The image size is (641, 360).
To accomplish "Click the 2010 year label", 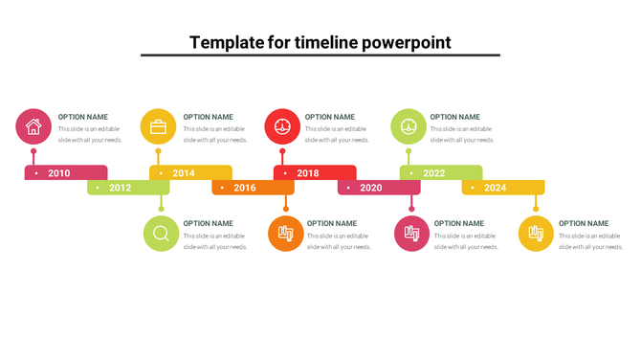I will coord(59,173).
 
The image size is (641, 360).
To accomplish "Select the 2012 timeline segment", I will coord(120,188).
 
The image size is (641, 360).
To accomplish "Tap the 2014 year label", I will coord(184,173).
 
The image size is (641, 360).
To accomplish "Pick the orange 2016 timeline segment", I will coord(245,188).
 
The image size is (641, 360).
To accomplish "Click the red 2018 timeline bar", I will coord(308,173).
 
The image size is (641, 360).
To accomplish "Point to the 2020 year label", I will coord(371,188).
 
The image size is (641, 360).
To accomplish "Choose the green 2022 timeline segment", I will coord(434,173).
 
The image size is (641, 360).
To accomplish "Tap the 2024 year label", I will coord(496,188).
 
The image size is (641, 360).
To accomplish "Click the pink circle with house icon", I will coord(33,126).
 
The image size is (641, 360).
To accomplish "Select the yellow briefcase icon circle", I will coord(158,126).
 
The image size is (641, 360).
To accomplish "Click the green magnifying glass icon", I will coord(161,234).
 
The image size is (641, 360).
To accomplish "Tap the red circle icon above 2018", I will coord(282,126).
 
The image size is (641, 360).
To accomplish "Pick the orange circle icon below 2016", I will coord(285,234).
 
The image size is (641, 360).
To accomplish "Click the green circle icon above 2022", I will coord(409,126).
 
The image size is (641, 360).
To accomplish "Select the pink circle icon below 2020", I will coord(411,234).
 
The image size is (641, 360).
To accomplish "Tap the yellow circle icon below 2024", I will coord(536,234).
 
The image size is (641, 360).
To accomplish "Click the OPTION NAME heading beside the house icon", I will coord(83,117).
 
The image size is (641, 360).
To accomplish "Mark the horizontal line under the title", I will coord(320,56).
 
